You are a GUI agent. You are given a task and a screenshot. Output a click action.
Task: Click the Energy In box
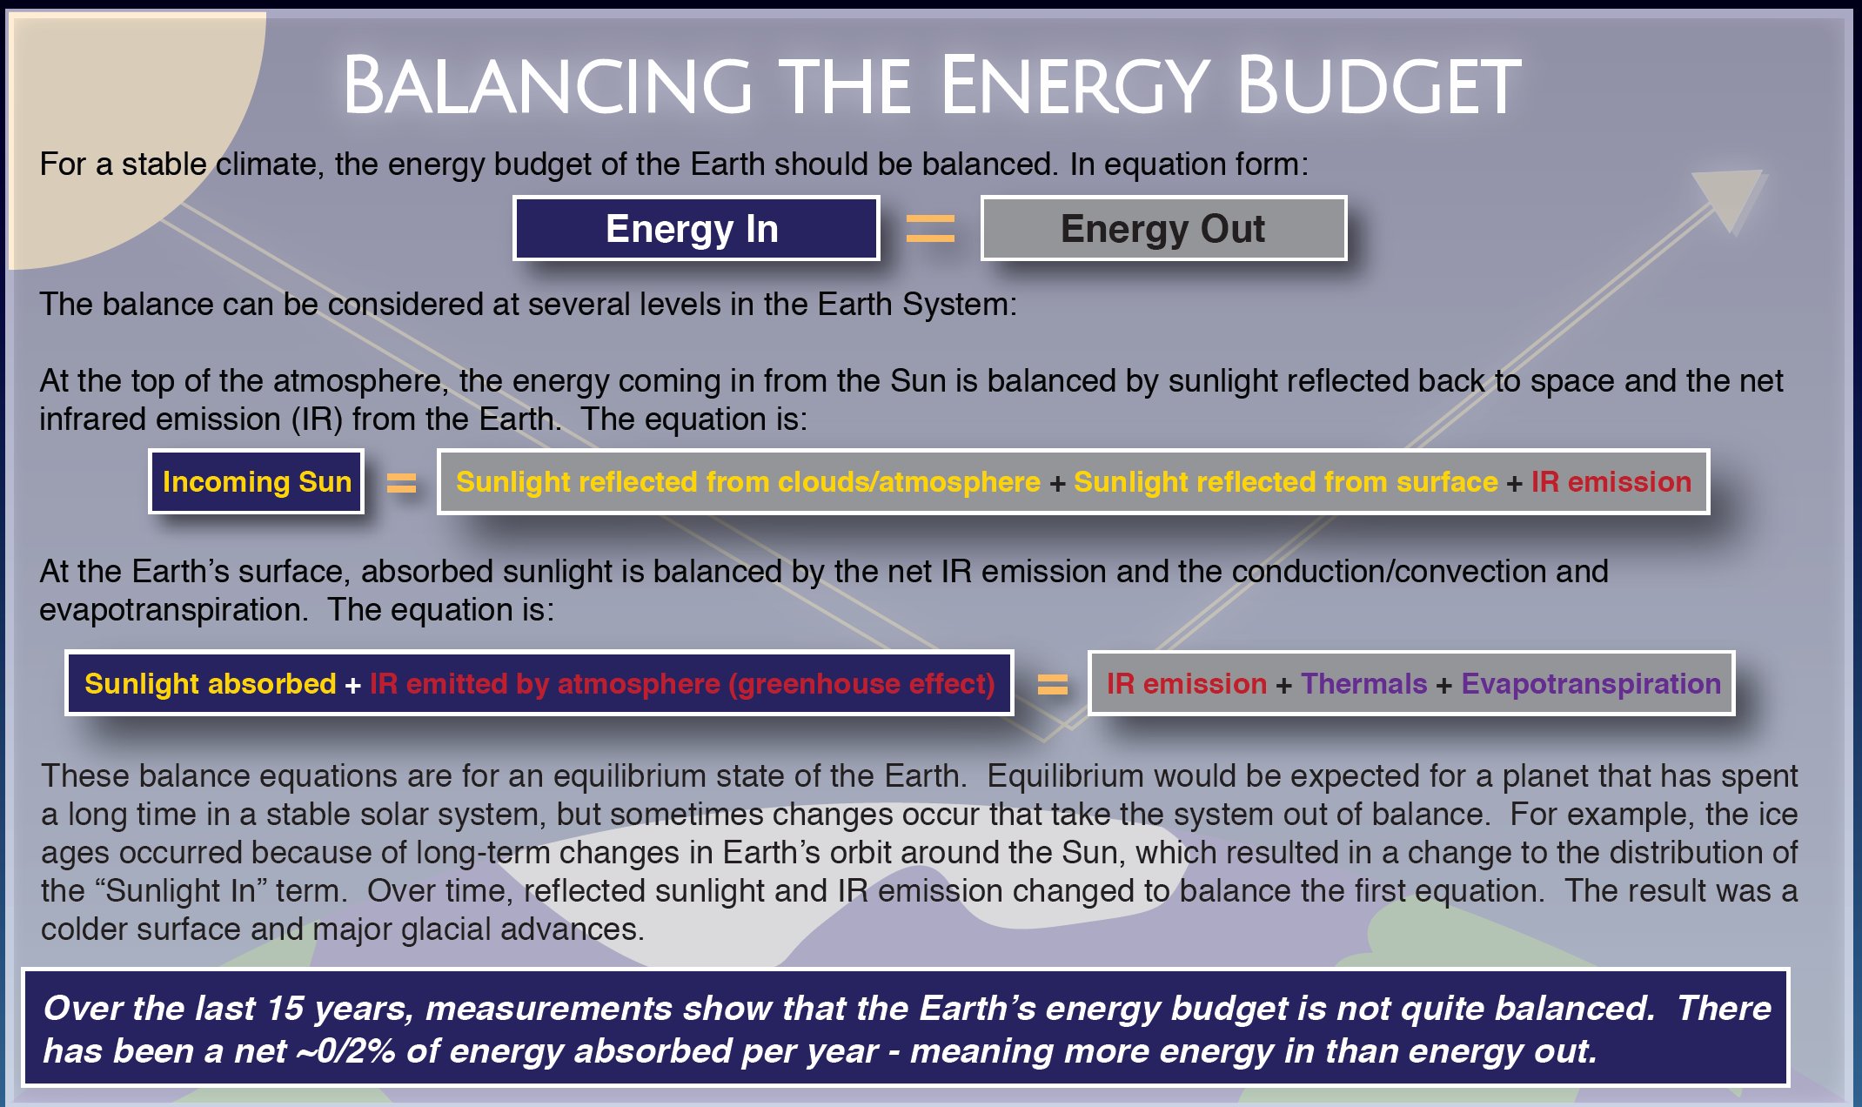tap(696, 228)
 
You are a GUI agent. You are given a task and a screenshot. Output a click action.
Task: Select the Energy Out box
tap(1163, 228)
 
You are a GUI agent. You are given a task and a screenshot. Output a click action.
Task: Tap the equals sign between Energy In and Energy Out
tap(930, 229)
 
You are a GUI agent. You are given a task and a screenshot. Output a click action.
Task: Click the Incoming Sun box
tap(257, 481)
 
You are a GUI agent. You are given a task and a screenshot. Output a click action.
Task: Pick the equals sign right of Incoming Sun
tap(401, 482)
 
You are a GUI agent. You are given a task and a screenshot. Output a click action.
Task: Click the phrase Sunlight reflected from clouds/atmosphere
tap(748, 481)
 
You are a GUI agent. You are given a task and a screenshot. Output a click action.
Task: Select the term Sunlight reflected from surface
tap(1286, 481)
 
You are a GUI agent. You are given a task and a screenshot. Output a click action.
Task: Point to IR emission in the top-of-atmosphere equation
tap(1611, 481)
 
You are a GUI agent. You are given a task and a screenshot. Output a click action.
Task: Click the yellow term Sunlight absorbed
tap(211, 684)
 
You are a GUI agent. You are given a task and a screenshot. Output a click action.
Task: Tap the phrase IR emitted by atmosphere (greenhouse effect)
tap(682, 684)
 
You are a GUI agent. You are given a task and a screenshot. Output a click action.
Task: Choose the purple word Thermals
tap(1364, 684)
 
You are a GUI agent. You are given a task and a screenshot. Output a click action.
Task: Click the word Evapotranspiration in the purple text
tap(1591, 684)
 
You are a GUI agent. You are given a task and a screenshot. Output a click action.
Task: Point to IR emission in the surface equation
tap(1187, 684)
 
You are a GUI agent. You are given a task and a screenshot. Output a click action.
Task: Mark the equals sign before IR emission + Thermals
tap(1052, 685)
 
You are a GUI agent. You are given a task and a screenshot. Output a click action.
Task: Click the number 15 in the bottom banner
tap(285, 1008)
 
